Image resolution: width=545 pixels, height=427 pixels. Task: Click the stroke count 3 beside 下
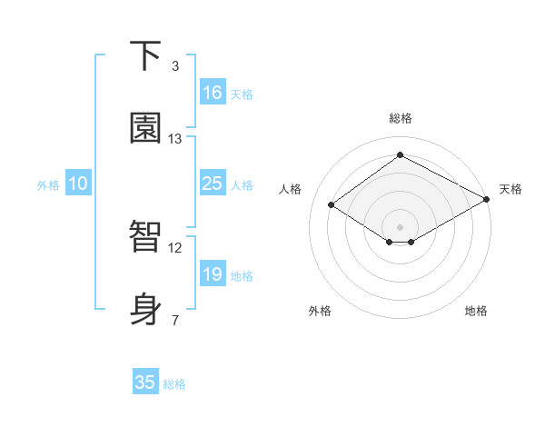coord(174,66)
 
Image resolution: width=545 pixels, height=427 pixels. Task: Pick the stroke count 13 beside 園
coord(174,139)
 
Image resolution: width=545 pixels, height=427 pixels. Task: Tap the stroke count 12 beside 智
coord(174,247)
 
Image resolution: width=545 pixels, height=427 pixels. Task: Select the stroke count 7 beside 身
coord(174,320)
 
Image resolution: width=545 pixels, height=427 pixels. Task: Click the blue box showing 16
coord(212,93)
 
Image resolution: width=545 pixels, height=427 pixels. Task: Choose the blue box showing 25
coord(212,184)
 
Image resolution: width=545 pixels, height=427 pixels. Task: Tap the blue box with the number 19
coord(212,274)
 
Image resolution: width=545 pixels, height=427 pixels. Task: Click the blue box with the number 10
coord(78,184)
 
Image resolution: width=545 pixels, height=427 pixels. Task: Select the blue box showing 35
coord(145,382)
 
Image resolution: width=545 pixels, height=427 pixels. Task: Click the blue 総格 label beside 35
coord(174,384)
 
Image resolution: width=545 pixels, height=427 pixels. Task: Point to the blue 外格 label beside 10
coord(48,185)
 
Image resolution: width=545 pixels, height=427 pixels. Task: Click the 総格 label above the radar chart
coord(400,118)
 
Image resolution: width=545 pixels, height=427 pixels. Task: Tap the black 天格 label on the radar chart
coord(510,189)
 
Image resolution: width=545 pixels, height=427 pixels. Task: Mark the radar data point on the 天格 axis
coord(487,200)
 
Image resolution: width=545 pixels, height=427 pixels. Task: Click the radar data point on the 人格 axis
coord(332,205)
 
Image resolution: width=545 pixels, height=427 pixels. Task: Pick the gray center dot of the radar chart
coord(400,225)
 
